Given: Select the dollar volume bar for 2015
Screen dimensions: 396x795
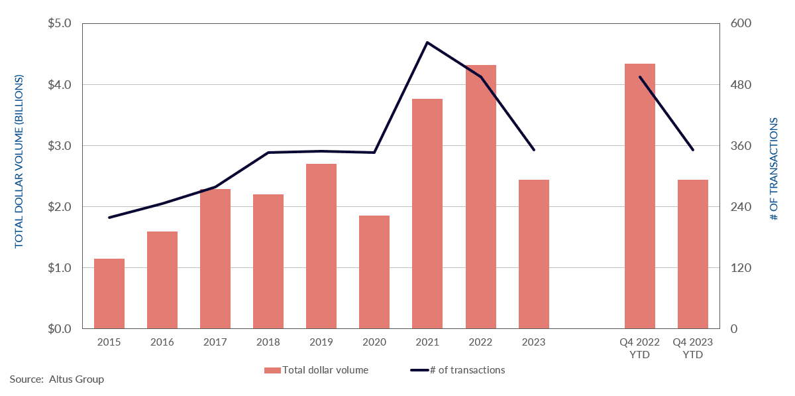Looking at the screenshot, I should tap(109, 293).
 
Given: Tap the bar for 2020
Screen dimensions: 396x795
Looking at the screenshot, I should tap(374, 272).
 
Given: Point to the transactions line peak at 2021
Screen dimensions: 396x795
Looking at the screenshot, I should tap(427, 42).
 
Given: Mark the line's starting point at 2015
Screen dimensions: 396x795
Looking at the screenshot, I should tap(109, 217).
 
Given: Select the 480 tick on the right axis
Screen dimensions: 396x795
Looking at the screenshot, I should tap(739, 85).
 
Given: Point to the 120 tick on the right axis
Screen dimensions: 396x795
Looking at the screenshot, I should tap(739, 268).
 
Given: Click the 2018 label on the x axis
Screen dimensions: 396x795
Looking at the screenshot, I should tap(268, 342).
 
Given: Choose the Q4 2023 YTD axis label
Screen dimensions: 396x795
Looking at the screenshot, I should tap(692, 348).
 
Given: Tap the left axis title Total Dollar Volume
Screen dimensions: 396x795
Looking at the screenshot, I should tap(19, 161).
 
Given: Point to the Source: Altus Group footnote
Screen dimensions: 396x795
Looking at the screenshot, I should tap(57, 379).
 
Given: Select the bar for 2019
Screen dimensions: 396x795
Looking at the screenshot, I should tap(321, 246).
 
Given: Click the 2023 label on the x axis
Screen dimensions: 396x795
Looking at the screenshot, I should tap(533, 342).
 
